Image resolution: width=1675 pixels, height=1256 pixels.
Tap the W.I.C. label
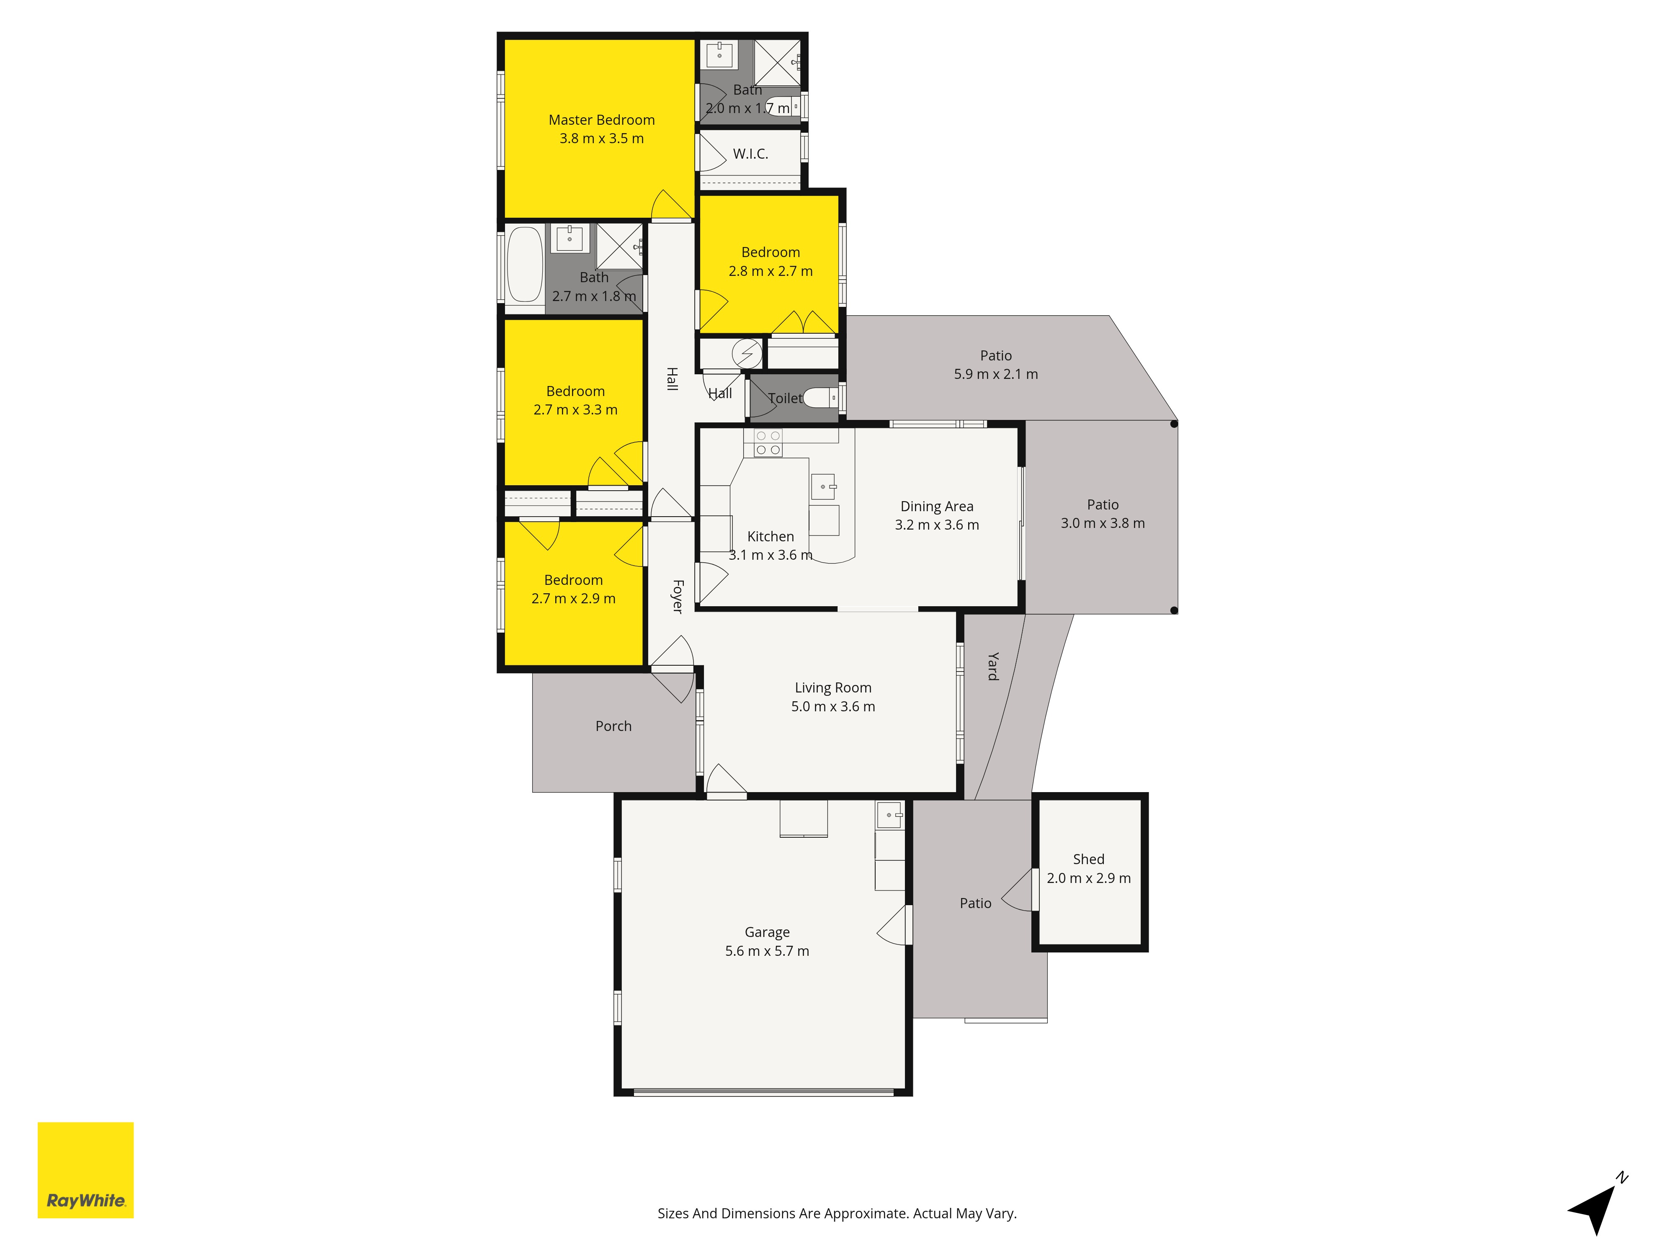750,154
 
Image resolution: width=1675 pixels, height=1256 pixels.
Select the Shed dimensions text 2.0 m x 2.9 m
1089,878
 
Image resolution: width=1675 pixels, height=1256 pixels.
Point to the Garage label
767,932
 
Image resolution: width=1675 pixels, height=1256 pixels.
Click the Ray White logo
85,1170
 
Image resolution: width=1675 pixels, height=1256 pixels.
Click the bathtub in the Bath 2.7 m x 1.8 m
525,265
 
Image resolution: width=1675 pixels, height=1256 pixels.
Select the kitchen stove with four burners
767,443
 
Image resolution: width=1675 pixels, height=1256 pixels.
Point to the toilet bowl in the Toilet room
820,397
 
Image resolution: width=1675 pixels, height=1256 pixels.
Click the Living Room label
833,687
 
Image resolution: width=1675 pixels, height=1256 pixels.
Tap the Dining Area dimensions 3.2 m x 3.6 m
937,525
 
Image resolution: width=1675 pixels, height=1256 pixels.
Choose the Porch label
613,726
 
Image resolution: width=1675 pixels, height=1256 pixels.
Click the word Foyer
678,597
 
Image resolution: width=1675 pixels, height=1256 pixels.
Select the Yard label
993,666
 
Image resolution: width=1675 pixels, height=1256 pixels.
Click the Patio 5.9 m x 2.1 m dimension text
996,374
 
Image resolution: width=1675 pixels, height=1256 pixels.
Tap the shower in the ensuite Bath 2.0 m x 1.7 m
777,62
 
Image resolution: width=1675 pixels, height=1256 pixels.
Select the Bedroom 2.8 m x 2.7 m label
771,261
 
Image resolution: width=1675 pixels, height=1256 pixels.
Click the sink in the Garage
890,815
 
